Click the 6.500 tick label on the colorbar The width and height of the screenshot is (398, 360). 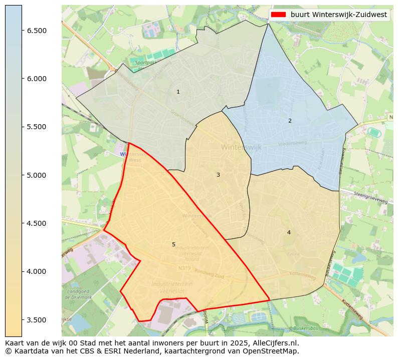[x=37, y=31]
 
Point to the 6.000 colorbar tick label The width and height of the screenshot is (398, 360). [x=37, y=79]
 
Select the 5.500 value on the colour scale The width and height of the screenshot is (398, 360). [x=37, y=127]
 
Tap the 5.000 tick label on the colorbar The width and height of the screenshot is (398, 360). [x=37, y=175]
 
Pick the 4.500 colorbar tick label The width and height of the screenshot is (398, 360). [x=37, y=223]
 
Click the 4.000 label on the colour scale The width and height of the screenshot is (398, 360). [x=37, y=271]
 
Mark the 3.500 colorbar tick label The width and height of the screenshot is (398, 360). [x=37, y=320]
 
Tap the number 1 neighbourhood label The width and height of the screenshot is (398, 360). [x=178, y=92]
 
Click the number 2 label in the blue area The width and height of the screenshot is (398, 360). [x=290, y=121]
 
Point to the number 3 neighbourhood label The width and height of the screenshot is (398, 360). [x=218, y=175]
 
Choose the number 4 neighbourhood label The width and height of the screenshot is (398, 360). [x=289, y=232]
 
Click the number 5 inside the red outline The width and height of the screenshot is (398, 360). [x=173, y=244]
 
